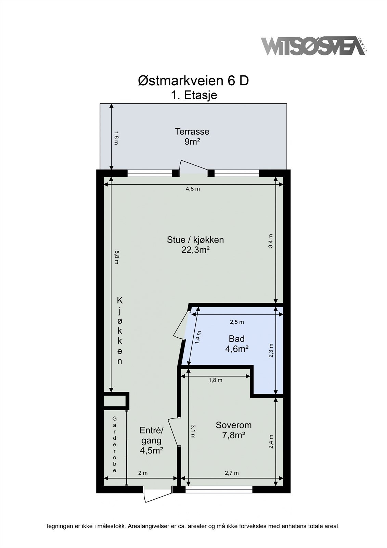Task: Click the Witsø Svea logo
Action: (314, 46)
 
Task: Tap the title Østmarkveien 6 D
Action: (193, 81)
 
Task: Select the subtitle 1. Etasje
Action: (194, 95)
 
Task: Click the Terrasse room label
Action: (192, 132)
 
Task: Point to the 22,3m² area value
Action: (196, 250)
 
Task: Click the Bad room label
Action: (237, 339)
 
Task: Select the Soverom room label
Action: (233, 425)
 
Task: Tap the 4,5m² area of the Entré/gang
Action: (151, 450)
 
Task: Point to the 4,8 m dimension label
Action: (193, 189)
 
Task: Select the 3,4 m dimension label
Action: (271, 241)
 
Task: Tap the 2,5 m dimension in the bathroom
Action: (237, 322)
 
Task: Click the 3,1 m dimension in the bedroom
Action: (193, 431)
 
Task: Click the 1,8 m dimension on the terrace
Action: (116, 138)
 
